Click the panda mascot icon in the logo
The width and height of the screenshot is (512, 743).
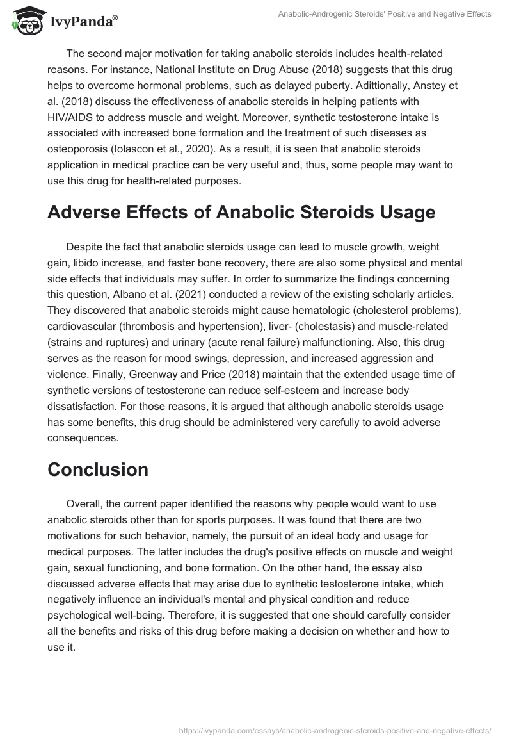24,23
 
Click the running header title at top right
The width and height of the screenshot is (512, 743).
385,15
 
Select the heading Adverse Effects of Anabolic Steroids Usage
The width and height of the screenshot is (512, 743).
241,213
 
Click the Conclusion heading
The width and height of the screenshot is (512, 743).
98,469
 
